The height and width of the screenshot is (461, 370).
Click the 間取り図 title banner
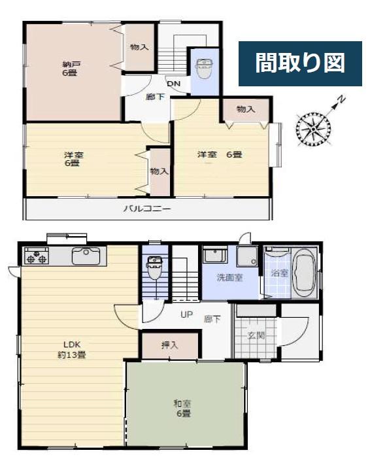click(300, 63)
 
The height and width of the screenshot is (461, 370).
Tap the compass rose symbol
click(313, 129)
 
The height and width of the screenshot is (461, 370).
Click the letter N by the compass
click(341, 99)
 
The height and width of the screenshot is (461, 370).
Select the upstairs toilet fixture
click(205, 69)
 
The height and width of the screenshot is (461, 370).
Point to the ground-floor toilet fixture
click(154, 268)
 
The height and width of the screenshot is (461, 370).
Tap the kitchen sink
click(86, 256)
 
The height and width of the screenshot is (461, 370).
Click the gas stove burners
click(37, 256)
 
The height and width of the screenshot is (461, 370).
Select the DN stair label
click(174, 84)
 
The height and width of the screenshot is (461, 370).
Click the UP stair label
click(186, 315)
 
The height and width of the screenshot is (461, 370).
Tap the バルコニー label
click(146, 209)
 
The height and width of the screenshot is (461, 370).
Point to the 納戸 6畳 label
click(70, 69)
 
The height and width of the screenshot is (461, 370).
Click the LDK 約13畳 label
click(72, 350)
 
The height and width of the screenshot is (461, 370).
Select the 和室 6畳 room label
click(182, 409)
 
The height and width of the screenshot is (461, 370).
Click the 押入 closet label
click(170, 345)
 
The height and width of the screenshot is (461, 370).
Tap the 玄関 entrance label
click(256, 335)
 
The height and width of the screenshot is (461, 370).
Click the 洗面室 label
click(229, 277)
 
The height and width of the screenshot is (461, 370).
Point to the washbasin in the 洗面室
click(215, 255)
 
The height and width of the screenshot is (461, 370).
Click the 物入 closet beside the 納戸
click(139, 47)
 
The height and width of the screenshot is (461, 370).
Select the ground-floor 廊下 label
click(212, 319)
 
